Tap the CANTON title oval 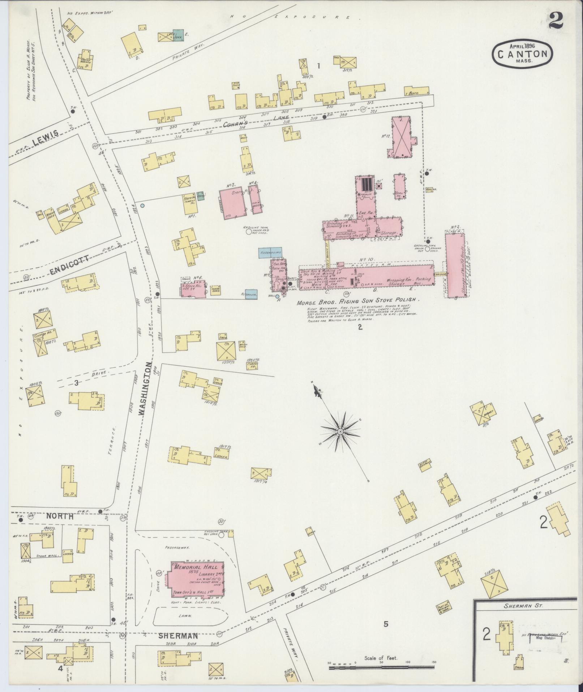[x=522, y=54]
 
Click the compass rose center [x=340, y=432]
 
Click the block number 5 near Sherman [x=386, y=624]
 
